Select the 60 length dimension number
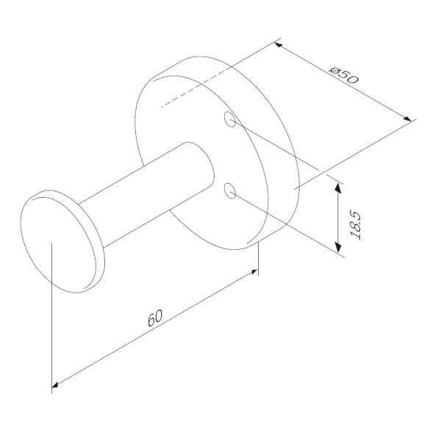point(154,318)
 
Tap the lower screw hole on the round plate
point(231,191)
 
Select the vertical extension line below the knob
point(52,323)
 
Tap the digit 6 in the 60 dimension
point(151,320)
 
